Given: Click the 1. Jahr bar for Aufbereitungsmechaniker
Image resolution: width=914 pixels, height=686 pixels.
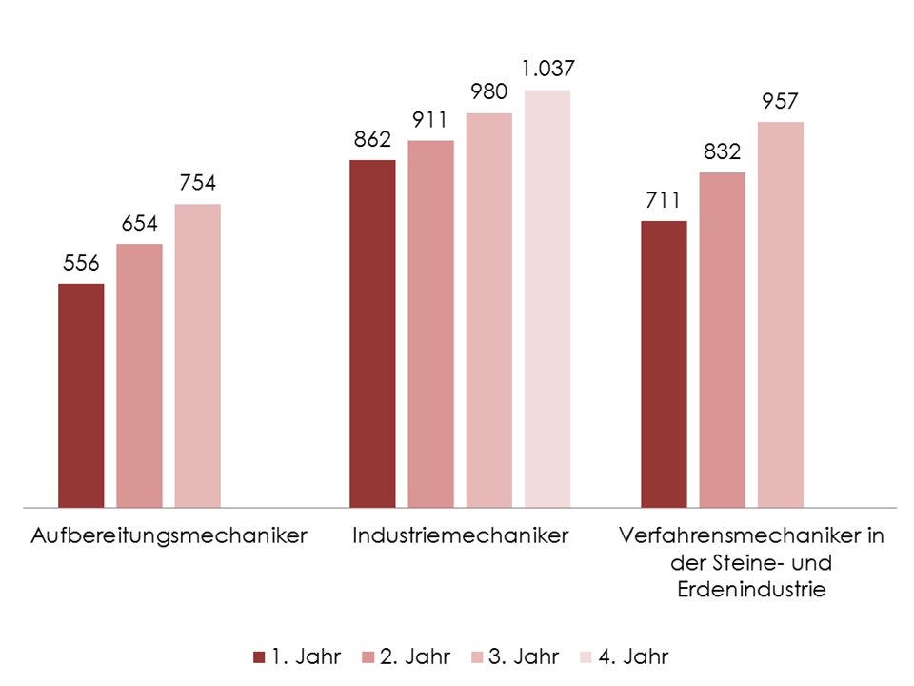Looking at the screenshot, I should tap(81, 395).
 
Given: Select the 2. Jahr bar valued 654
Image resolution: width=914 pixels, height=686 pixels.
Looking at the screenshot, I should tap(139, 375).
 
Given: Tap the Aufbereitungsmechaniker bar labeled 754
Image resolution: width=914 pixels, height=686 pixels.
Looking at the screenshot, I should tap(197, 355).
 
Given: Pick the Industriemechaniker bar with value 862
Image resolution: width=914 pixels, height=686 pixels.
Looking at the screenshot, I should tap(372, 333).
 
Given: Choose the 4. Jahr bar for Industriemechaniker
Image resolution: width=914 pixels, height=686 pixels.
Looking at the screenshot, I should tap(547, 298).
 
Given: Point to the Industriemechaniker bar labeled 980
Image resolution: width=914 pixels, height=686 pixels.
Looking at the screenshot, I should tap(488, 310).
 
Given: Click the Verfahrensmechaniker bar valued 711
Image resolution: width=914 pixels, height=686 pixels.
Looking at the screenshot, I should tap(664, 364).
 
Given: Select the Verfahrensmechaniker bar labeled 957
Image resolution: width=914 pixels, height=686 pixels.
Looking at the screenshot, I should tap(781, 314).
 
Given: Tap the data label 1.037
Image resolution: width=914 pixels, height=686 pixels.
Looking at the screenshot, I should tap(547, 70).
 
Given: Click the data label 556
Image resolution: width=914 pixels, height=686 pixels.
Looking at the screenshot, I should tap(82, 264).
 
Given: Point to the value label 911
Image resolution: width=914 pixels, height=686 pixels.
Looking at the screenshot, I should tap(430, 120).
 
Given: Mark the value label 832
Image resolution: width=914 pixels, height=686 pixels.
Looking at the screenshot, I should tap(723, 151).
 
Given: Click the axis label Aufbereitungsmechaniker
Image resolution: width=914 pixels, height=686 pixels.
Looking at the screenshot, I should tap(169, 535).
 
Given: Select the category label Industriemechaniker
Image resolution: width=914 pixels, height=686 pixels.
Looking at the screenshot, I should tap(460, 535).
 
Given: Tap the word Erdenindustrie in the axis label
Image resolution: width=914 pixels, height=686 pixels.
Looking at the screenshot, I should tap(751, 589).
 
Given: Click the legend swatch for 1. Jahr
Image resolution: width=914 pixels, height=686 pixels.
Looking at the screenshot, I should tap(259, 656).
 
